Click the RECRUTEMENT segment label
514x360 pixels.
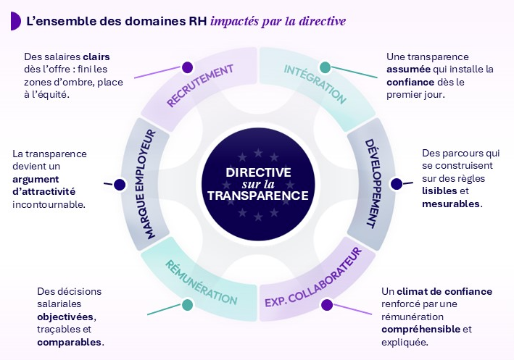pos(200,85)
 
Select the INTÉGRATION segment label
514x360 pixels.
pos(315,84)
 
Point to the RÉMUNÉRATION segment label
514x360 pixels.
pos(201,279)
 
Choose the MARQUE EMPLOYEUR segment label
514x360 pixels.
pos(148,184)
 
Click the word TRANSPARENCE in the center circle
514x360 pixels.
pos(257,196)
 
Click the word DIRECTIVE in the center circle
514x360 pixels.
pos(258,172)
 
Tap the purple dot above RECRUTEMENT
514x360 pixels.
pos(188,67)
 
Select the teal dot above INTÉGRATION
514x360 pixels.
pos(326,67)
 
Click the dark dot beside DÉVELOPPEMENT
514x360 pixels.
pos(396,184)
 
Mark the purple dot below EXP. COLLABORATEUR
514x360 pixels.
pos(327,304)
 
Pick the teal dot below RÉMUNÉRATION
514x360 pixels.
pos(188,304)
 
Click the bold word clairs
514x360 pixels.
pos(96,56)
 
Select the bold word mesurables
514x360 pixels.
pos(451,204)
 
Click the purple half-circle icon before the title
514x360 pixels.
pos(14,21)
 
